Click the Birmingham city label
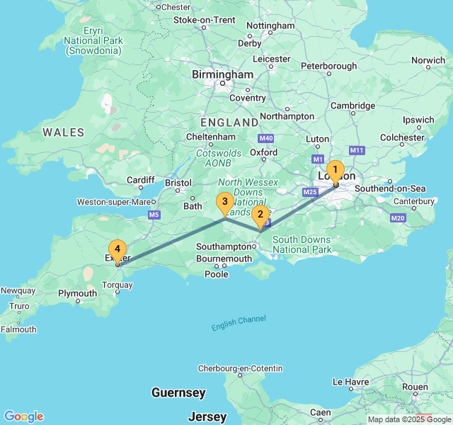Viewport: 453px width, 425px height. [x=222, y=74]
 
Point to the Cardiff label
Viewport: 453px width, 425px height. [x=140, y=180]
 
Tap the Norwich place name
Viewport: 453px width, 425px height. [x=428, y=61]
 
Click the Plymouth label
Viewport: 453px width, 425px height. [x=78, y=293]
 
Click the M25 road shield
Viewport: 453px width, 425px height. [x=310, y=192]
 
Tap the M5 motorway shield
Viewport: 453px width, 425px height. [x=154, y=215]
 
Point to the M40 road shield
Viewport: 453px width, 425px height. [x=266, y=138]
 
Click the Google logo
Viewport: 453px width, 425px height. [x=23, y=416]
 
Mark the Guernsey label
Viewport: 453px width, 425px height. [x=178, y=392]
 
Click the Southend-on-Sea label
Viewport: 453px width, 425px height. [x=390, y=188]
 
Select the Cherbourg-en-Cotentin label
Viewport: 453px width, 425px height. [x=240, y=368]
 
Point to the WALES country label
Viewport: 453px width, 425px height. [x=63, y=132]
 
